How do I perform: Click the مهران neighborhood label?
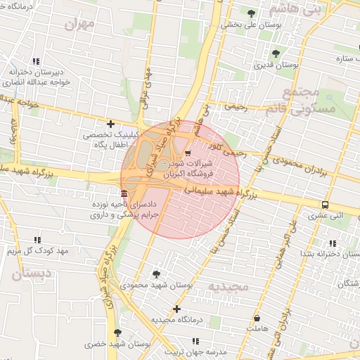[79, 24]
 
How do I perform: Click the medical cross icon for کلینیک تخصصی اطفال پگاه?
[110, 124]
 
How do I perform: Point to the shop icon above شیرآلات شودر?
[187, 153]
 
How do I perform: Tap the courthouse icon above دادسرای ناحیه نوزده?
[124, 193]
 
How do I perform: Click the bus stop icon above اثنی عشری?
[324, 205]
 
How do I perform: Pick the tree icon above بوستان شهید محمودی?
[156, 274]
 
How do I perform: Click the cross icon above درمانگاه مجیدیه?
[176, 309]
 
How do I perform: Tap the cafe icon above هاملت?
[256, 319]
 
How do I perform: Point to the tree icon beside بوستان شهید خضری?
[117, 333]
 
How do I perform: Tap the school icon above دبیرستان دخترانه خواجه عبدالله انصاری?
[36, 62]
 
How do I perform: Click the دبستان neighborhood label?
[29, 274]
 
